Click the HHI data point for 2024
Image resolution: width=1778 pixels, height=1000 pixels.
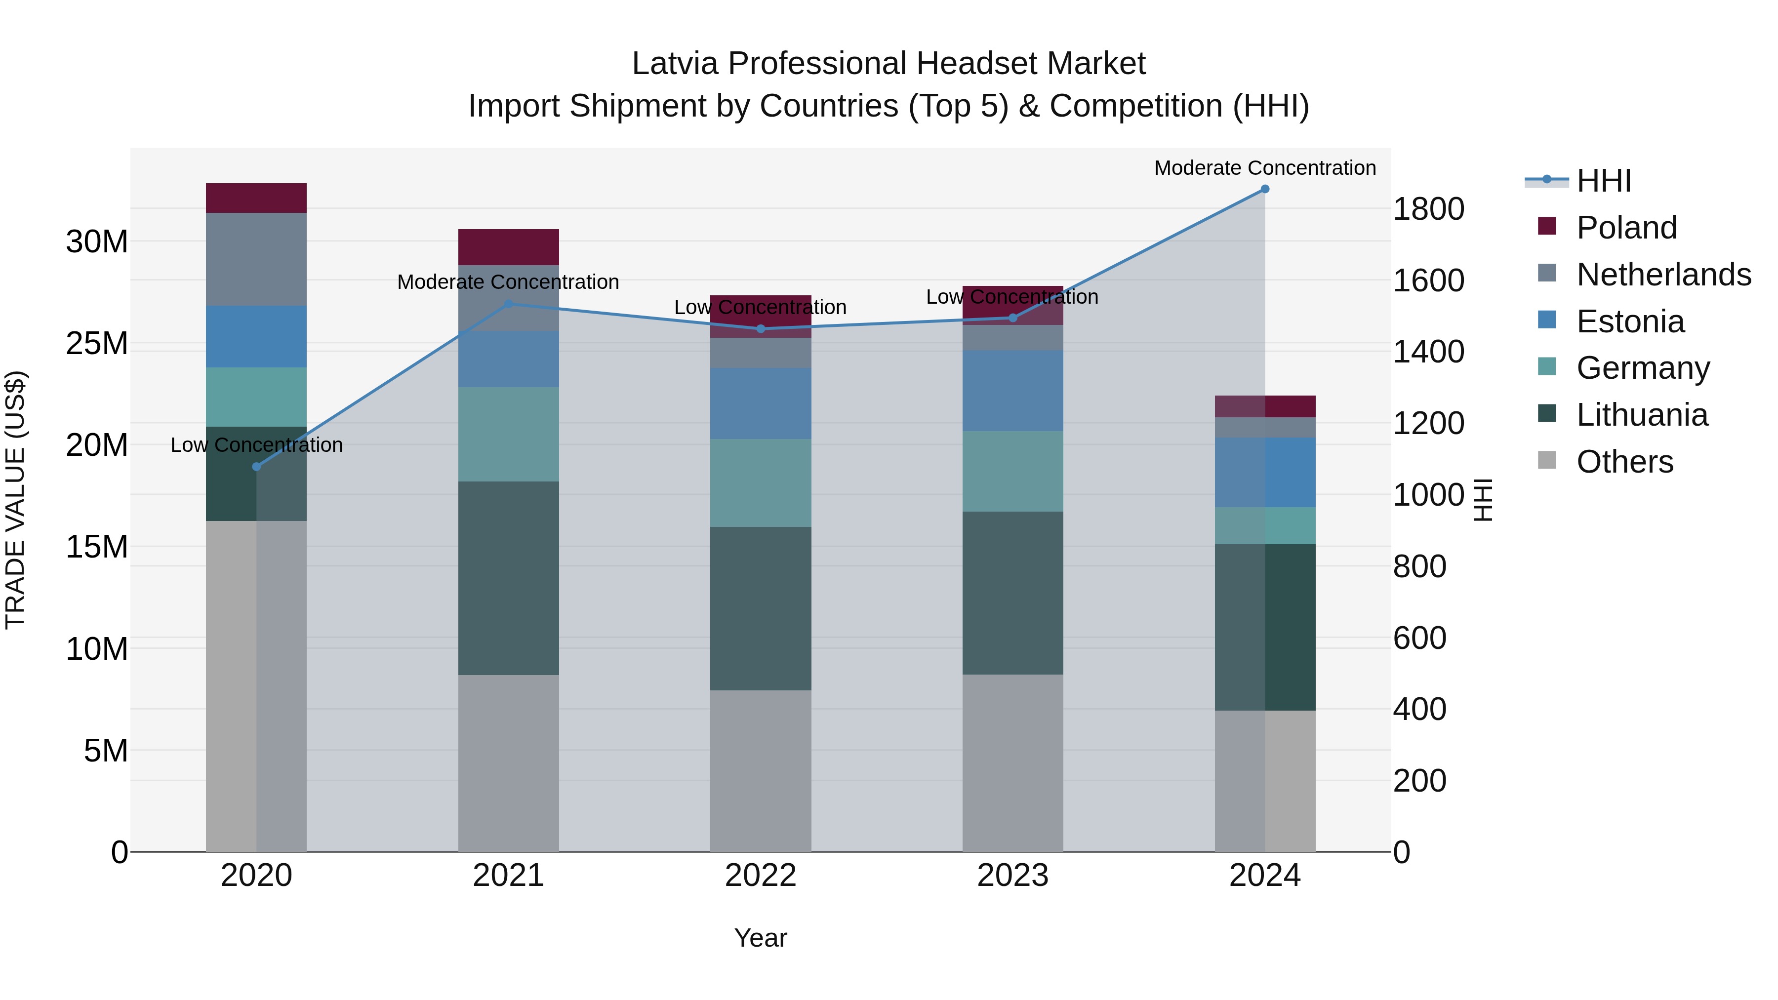click(x=1264, y=189)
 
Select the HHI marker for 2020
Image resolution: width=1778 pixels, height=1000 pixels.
click(x=257, y=467)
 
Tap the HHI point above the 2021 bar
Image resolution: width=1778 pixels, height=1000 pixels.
click(x=509, y=304)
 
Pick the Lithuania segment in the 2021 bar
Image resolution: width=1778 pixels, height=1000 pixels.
click(x=509, y=578)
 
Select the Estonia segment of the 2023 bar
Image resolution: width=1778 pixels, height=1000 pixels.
click(x=1012, y=391)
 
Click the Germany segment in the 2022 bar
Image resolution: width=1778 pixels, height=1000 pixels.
click(x=761, y=483)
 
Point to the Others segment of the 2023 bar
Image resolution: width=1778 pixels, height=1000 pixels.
click(x=1012, y=762)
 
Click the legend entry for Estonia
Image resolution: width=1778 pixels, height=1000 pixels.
click(x=1630, y=321)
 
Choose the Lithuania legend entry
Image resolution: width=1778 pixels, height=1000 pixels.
click(x=1642, y=415)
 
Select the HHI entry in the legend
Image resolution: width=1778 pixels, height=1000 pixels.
click(x=1603, y=181)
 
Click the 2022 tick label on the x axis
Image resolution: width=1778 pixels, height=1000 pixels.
click(x=761, y=876)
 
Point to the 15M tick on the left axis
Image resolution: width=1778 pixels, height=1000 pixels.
click(x=97, y=547)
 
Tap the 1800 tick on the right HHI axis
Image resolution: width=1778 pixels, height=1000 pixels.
click(x=1428, y=209)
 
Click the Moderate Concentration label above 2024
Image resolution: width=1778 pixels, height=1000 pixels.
click(x=1264, y=168)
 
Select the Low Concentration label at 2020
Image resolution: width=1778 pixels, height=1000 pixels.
click(x=257, y=445)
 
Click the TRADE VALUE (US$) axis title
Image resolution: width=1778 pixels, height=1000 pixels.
click(x=15, y=500)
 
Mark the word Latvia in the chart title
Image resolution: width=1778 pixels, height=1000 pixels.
click(x=675, y=64)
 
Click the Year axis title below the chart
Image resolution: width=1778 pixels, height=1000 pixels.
click(x=761, y=938)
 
